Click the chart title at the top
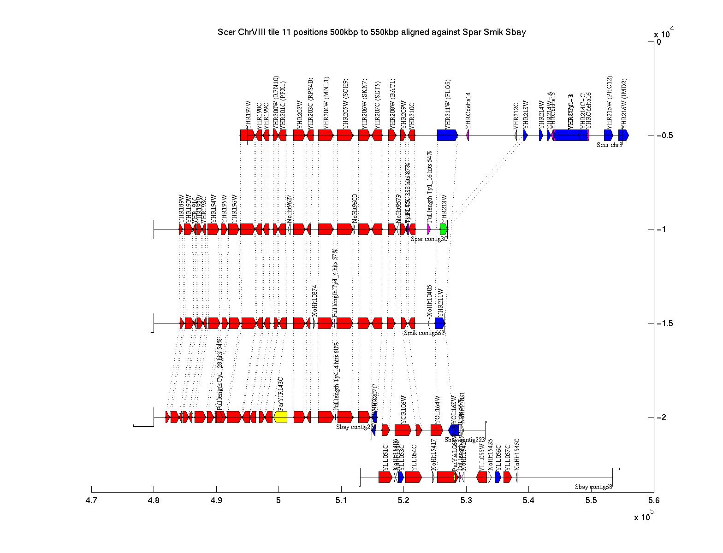(371, 32)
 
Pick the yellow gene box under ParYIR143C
(280, 417)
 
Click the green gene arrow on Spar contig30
(444, 229)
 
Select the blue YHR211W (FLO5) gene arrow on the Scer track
(447, 135)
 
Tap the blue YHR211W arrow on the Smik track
(439, 323)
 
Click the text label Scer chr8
(609, 145)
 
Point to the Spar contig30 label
(429, 239)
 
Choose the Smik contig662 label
(424, 333)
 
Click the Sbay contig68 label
(593, 487)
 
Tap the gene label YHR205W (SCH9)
(346, 104)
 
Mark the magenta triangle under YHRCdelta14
(468, 135)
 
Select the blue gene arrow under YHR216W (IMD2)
(623, 135)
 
